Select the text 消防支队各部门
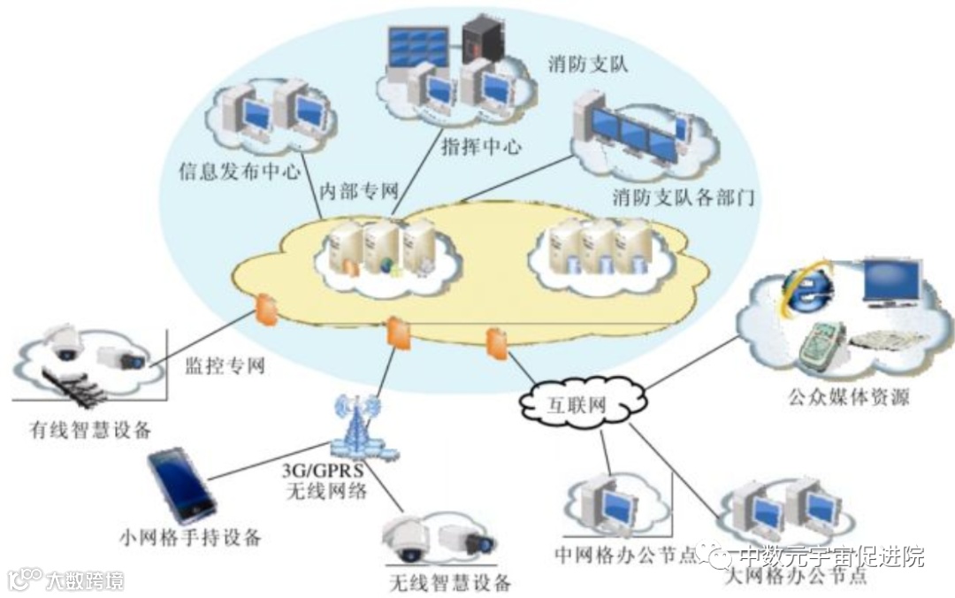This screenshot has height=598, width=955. (x=684, y=195)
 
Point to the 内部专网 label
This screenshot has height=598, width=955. (x=358, y=190)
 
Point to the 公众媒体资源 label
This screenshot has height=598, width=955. (x=848, y=397)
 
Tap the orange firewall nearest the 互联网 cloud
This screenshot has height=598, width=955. (x=497, y=343)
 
